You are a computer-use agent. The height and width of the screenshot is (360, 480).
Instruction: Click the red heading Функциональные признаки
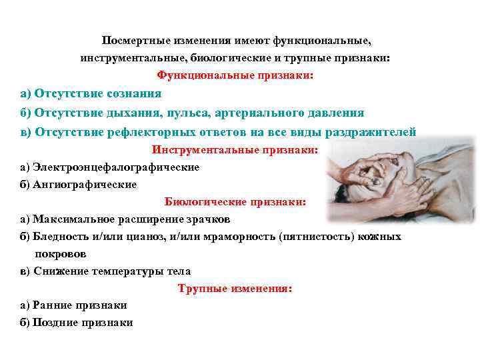tap(235, 76)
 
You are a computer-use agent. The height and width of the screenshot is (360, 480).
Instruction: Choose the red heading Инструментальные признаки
tap(235, 150)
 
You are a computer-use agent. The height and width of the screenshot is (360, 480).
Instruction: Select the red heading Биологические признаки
tap(235, 201)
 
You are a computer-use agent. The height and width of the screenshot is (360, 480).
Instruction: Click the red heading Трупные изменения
tap(235, 289)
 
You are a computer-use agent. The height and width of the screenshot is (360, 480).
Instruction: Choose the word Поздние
tap(56, 323)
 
